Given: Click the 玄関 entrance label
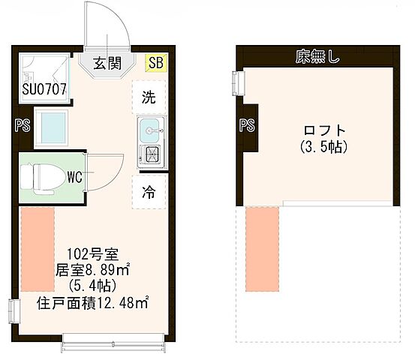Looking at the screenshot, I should coord(108,64).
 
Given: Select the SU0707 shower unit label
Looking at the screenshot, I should coord(44,90).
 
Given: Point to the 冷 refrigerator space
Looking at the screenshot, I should coord(149,191).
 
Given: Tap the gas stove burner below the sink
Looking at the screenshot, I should coord(150,155).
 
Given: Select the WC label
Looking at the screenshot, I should coord(74,177).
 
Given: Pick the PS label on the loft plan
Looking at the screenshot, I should coord(246,125).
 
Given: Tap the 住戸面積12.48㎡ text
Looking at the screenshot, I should coord(92,303).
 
